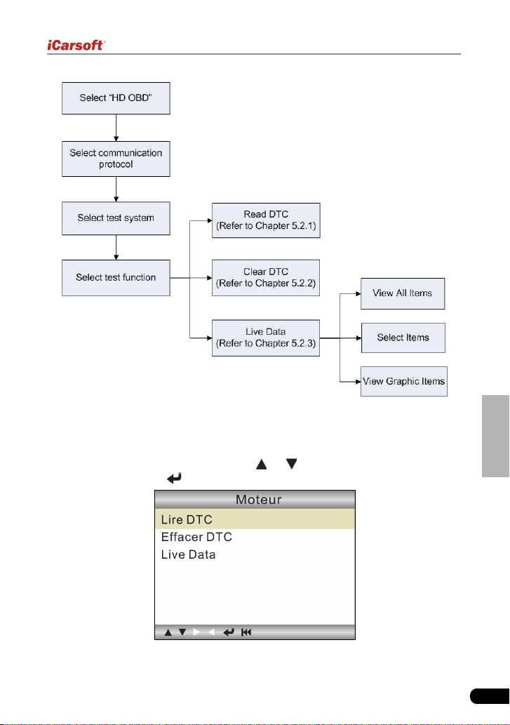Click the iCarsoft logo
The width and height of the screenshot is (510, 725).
pyautogui.click(x=76, y=46)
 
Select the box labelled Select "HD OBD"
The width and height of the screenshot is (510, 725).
pyautogui.click(x=116, y=98)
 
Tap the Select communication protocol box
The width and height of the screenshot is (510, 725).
pyautogui.click(x=116, y=159)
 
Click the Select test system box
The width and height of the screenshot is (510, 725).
pyautogui.click(x=116, y=218)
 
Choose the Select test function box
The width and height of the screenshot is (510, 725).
pyautogui.click(x=116, y=277)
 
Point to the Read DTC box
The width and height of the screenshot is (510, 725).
pyautogui.click(x=266, y=220)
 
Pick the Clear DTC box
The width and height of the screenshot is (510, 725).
pyautogui.click(x=266, y=277)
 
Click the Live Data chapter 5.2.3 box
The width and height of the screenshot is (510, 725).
pyautogui.click(x=266, y=338)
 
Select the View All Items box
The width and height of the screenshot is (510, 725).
pyautogui.click(x=403, y=293)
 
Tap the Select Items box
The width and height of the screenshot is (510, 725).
pyautogui.click(x=403, y=338)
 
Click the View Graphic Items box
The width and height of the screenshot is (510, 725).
pyautogui.click(x=404, y=382)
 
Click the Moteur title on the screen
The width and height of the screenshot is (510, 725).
pyautogui.click(x=259, y=500)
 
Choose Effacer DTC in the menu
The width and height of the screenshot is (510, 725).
pyautogui.click(x=197, y=537)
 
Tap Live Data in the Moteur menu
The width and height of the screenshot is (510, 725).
pyautogui.click(x=189, y=554)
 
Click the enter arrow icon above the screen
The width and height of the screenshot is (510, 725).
pyautogui.click(x=174, y=478)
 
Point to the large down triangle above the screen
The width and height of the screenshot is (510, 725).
pyautogui.click(x=292, y=464)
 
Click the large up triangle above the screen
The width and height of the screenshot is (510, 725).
pyautogui.click(x=262, y=464)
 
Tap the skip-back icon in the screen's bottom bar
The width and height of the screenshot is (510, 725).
pyautogui.click(x=246, y=632)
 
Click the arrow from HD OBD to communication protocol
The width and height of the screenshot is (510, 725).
pyautogui.click(x=116, y=128)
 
